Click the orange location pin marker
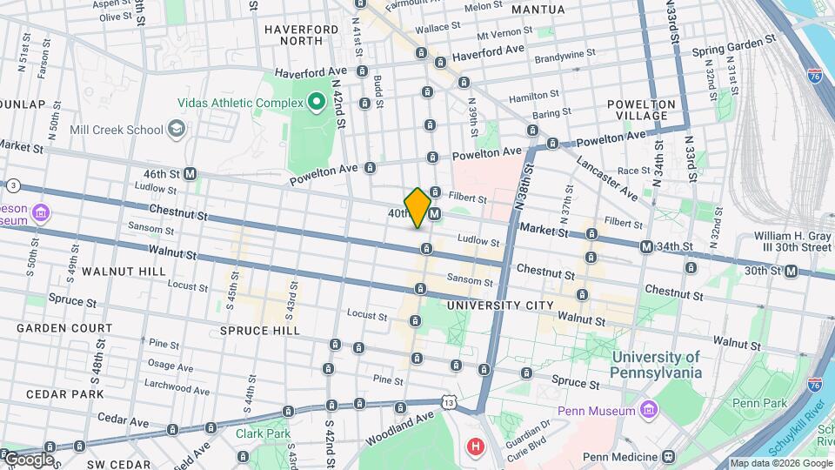pos(417,207)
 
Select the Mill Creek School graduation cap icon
pos(177,130)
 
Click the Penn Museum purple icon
pos(648,409)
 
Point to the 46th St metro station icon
pos(190,174)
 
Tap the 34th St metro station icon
pos(646,247)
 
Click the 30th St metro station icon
pos(791,271)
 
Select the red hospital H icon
pos(475,447)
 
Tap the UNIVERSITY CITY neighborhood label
pos(499,305)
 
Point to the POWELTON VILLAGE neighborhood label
pos(642,110)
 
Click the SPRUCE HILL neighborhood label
pos(259,331)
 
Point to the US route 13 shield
pos(449,402)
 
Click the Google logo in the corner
pos(28,460)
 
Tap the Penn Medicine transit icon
pos(668,456)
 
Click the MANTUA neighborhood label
pos(538,10)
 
